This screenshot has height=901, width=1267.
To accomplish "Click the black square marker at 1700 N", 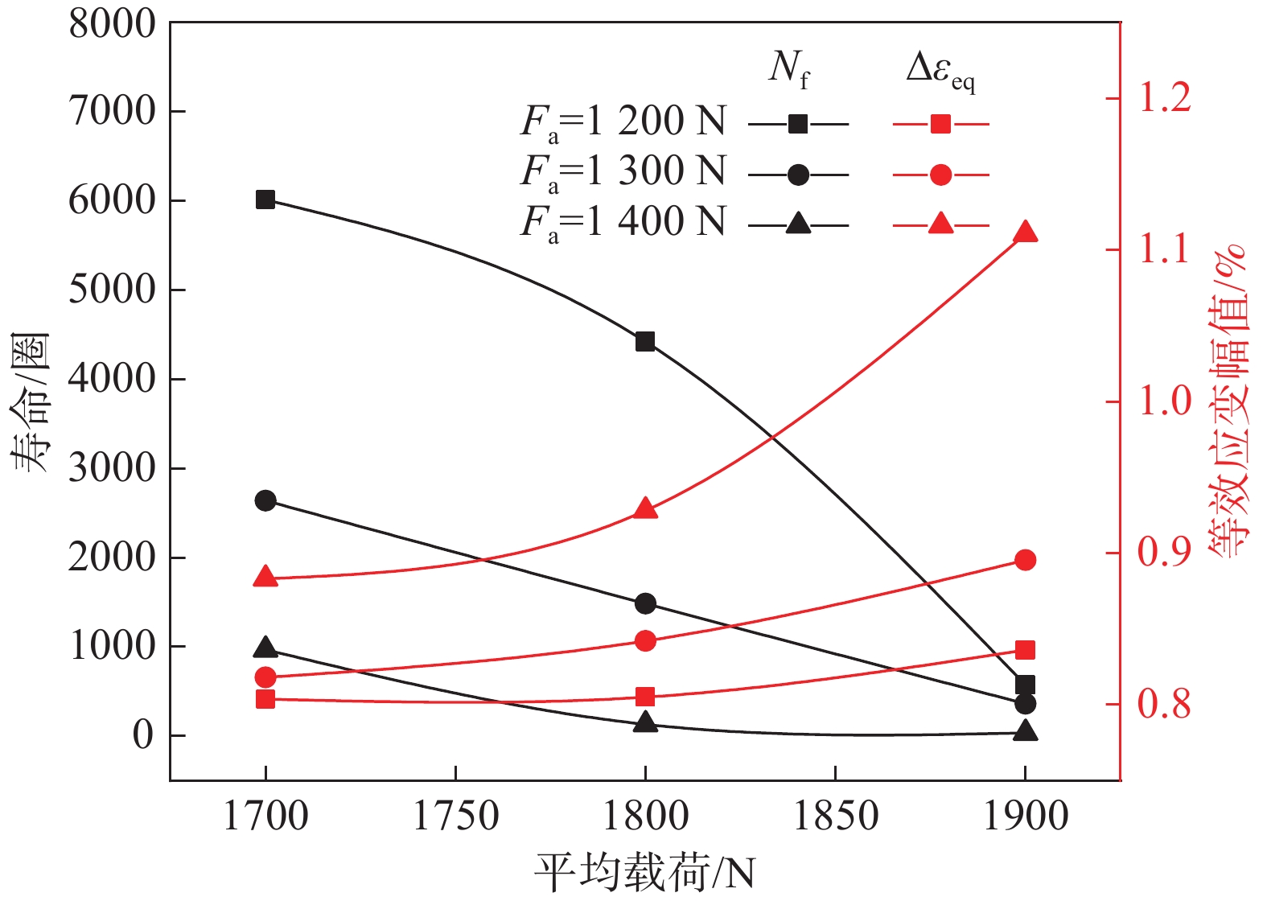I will point(265,200).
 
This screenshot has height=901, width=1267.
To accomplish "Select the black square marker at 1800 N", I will point(645,342).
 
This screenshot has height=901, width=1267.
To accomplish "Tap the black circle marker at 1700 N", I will point(265,500).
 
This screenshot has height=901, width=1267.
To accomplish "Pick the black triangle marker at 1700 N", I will point(265,648).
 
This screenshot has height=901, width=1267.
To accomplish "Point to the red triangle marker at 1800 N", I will point(645,509).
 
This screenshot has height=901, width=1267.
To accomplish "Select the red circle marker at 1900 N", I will point(1025,560).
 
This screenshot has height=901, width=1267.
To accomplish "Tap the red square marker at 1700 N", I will point(265,699).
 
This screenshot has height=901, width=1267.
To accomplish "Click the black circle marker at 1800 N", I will point(645,603).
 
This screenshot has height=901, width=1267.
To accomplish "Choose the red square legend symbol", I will point(940,124).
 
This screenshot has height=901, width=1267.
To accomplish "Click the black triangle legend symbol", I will point(798,224).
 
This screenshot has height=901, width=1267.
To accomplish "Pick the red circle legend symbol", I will point(940,175).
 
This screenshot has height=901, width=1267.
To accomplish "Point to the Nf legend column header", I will point(788,68).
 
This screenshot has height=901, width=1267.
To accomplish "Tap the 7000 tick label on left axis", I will point(112,111).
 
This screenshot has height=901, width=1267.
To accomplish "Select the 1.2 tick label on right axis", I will point(1164,98).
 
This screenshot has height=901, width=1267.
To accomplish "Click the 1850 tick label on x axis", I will point(835,817).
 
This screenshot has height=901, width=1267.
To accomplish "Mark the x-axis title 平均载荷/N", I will point(645,872).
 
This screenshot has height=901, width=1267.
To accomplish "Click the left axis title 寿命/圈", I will point(31,402).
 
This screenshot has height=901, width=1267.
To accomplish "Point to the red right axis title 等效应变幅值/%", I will point(1228,402).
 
